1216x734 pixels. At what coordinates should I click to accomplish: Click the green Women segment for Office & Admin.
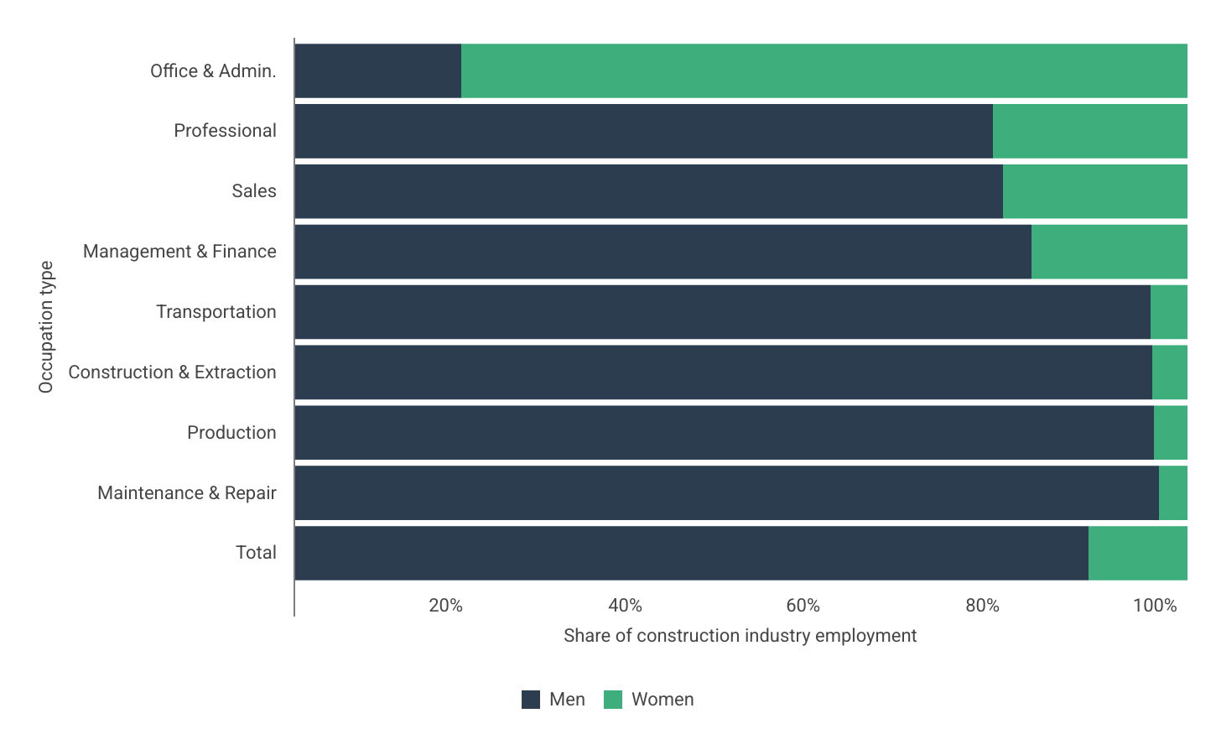pos(824,71)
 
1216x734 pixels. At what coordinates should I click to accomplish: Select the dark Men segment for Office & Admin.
pos(377,71)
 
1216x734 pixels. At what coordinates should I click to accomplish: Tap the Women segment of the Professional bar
pos(1089,131)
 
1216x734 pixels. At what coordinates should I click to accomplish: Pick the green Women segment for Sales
pos(1094,191)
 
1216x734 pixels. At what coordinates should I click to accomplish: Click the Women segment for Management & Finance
pos(1109,252)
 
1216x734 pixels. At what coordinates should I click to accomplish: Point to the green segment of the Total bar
pos(1137,553)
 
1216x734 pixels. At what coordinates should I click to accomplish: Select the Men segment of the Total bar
pos(691,553)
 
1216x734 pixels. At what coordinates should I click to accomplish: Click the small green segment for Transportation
pos(1168,312)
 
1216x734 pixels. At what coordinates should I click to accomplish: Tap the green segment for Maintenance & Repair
pos(1172,493)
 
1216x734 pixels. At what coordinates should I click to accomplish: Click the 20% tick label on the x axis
pos(445,606)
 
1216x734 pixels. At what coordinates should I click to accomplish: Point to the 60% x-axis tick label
pos(803,606)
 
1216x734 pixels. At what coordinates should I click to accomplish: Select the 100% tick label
pos(1155,606)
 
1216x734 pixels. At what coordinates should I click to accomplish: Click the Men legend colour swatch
pos(531,700)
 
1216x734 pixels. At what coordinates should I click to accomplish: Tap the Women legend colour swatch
pos(613,700)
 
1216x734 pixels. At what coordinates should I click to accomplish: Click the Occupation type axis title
pos(46,326)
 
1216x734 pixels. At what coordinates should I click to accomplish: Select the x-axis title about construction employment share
pos(740,636)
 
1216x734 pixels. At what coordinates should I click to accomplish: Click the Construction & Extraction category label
pos(172,372)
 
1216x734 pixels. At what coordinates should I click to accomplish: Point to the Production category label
pos(231,433)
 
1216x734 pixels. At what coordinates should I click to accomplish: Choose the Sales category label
pos(253,191)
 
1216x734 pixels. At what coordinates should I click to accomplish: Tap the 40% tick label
pos(625,606)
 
